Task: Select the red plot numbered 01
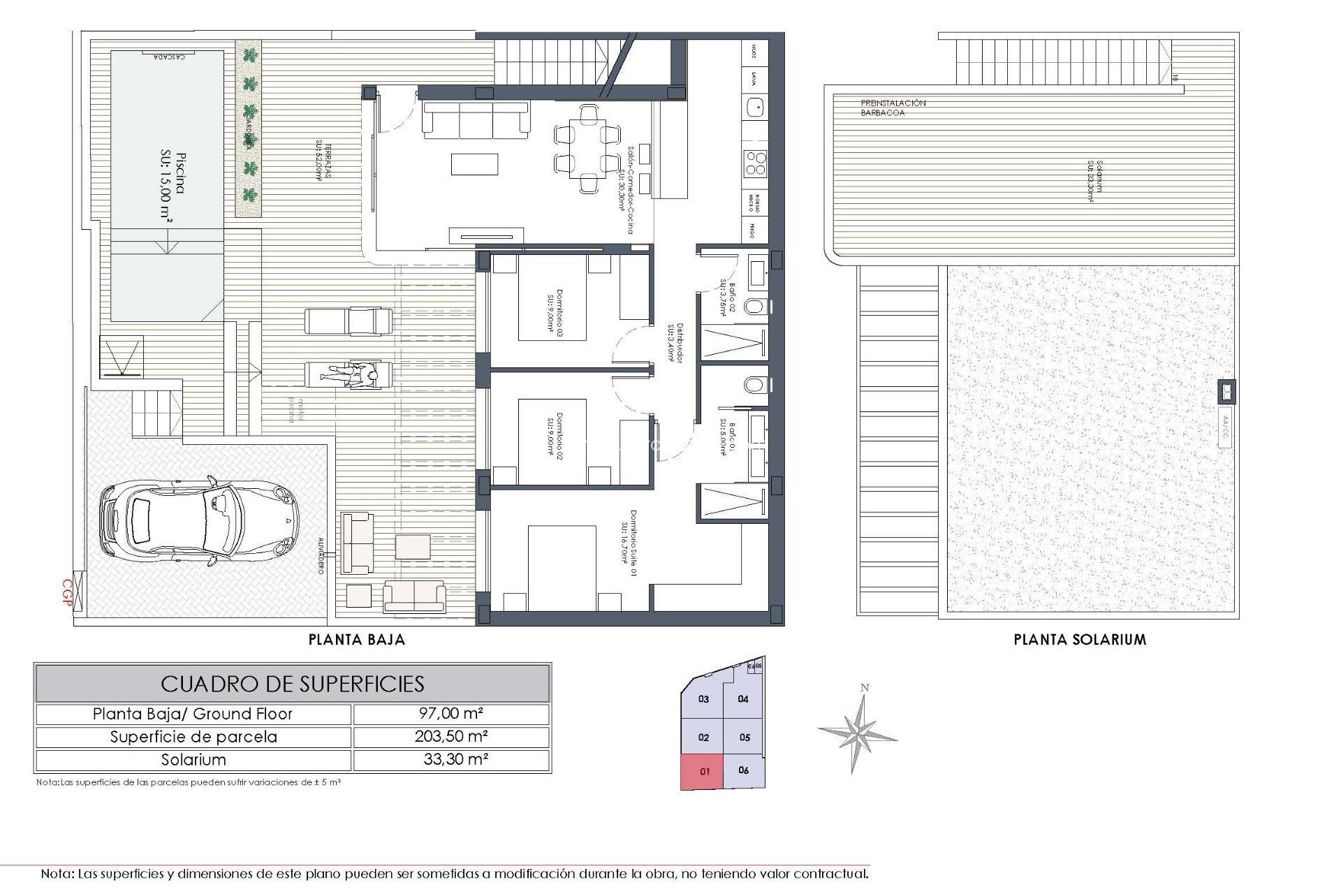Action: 703,771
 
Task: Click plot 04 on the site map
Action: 743,698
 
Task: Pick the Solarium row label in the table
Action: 193,760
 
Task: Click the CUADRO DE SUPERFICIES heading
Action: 293,684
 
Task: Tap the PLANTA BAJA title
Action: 357,639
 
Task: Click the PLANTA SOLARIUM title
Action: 1080,639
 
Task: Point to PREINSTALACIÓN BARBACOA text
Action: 893,108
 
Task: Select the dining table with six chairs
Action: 587,148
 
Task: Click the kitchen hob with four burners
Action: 755,162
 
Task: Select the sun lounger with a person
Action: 349,374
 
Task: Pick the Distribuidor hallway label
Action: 675,342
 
